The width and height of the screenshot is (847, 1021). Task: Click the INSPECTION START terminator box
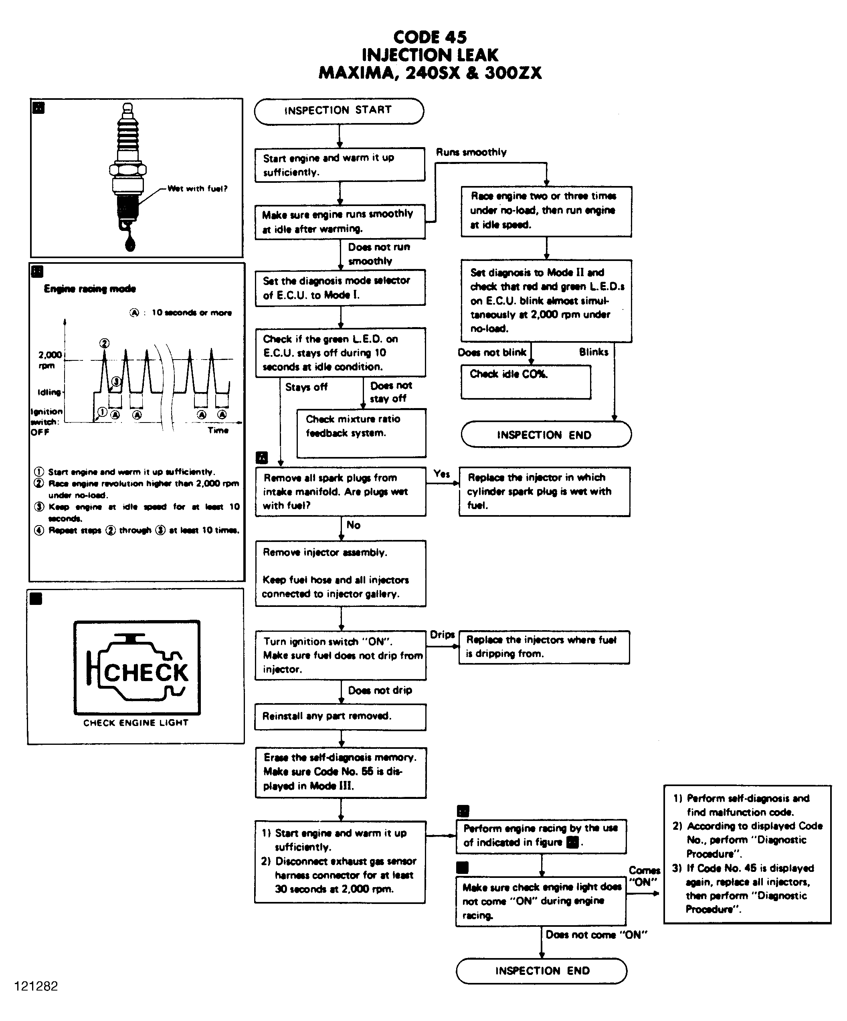click(x=339, y=111)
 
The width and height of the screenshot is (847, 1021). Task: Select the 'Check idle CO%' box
click(x=526, y=382)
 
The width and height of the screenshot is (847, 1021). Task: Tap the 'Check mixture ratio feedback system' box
click(x=361, y=433)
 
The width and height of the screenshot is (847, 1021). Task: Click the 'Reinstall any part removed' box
click(x=340, y=717)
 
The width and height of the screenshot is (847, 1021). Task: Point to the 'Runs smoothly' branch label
click(x=471, y=152)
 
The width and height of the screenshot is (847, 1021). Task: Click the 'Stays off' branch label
click(x=306, y=387)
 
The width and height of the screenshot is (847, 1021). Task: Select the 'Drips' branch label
click(x=442, y=635)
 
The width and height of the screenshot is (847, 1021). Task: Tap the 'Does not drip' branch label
click(x=380, y=690)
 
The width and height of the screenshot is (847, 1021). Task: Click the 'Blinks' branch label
click(x=593, y=352)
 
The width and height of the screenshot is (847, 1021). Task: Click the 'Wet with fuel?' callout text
click(x=197, y=189)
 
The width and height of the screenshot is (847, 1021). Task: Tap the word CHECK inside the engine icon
click(x=146, y=673)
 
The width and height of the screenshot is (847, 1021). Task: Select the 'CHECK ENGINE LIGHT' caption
click(x=135, y=723)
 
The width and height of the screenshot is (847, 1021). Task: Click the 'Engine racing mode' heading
click(x=90, y=289)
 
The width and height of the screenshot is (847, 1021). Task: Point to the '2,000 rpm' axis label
click(x=50, y=360)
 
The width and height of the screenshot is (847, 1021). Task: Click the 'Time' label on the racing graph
click(x=218, y=430)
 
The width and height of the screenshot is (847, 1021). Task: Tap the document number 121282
click(x=36, y=986)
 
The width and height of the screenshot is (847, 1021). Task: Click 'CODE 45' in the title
click(x=430, y=37)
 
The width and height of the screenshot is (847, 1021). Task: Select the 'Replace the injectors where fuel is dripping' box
click(x=544, y=647)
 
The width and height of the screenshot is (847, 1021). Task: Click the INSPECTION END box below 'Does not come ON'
click(x=542, y=971)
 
